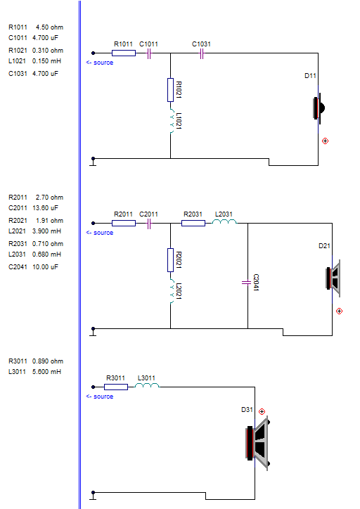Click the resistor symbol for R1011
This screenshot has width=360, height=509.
point(124,53)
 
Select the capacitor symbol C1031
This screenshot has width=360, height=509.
point(202,53)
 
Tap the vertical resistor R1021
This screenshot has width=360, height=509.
point(170,90)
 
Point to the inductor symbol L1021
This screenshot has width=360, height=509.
point(171,121)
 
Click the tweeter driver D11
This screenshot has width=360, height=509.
point(319,108)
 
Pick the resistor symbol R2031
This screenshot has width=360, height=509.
point(193,223)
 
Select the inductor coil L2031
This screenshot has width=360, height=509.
point(224,221)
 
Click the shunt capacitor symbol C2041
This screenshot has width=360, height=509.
point(247,283)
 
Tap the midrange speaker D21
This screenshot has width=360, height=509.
point(333,278)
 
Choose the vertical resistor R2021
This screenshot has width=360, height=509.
point(170,260)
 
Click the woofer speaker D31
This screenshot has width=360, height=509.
point(257,444)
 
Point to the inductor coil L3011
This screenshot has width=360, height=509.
point(147,385)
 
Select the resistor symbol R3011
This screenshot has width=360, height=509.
point(116,387)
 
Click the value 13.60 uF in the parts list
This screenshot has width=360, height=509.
point(45,208)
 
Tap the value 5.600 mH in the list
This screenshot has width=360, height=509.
point(46,371)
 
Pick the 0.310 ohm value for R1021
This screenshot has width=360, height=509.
point(48,51)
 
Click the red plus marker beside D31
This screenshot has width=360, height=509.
point(262,411)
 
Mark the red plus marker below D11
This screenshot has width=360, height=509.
point(325,141)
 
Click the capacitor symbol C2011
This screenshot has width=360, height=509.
point(149,224)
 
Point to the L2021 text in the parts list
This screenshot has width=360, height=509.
point(17,231)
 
